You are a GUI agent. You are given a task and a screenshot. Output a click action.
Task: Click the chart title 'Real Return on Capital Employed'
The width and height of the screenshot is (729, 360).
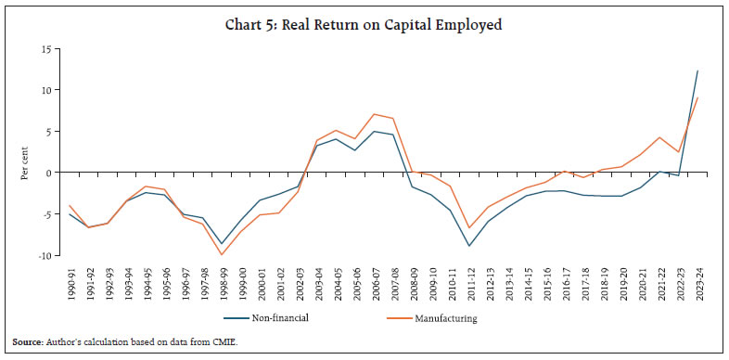(364, 25)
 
